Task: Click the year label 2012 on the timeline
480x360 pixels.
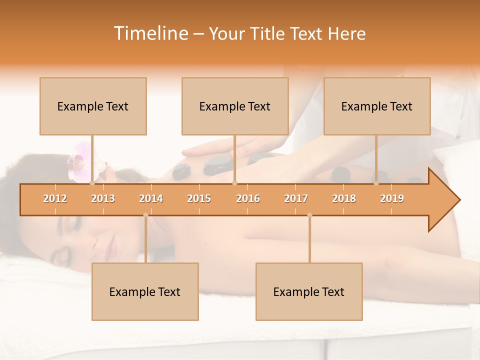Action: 55,198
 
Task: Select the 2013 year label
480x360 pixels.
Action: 103,198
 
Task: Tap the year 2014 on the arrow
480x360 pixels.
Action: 151,198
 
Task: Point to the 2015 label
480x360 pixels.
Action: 199,198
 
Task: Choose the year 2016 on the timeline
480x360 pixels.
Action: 248,198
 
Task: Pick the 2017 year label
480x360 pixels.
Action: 296,198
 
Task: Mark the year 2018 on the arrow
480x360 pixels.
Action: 344,198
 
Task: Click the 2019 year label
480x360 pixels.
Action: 392,198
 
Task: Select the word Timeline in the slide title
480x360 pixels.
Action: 149,33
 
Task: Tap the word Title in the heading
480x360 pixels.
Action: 269,33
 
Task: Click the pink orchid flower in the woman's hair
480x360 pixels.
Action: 77,161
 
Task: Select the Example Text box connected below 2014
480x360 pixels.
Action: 145,291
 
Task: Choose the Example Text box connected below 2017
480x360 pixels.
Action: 309,291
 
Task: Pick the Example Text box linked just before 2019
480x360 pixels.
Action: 377,106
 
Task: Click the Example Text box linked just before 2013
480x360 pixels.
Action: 93,106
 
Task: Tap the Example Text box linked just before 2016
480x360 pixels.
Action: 235,106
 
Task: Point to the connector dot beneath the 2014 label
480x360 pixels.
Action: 145,215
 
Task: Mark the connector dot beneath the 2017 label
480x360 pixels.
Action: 309,215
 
